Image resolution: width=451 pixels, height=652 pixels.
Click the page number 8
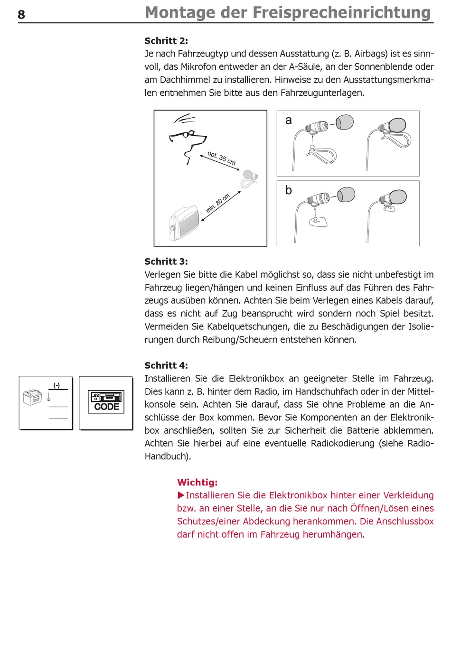tap(21, 15)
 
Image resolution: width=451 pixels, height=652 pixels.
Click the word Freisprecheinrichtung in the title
tap(342, 13)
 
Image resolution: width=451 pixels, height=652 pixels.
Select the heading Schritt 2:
tap(166, 41)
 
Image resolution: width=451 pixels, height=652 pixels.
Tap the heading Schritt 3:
tap(166, 261)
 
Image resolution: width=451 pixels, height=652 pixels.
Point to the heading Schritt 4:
tap(166, 365)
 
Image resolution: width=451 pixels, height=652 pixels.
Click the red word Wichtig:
tap(197, 483)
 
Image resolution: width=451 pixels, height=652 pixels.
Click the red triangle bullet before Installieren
tap(181, 495)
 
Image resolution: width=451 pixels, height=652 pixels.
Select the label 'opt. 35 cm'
tap(222, 158)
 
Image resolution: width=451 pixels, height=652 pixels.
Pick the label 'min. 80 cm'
tap(218, 203)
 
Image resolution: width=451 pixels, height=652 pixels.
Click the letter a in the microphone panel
tap(288, 121)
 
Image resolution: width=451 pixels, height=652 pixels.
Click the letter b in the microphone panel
tap(288, 190)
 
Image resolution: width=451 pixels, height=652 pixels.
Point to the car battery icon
tap(32, 397)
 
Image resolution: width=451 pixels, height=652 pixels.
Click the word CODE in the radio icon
tap(107, 407)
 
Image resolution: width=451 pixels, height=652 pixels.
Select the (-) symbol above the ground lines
tap(56, 385)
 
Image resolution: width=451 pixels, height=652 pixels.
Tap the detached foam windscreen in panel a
tap(345, 122)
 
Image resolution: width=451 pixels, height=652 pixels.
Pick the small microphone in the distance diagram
tap(250, 177)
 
